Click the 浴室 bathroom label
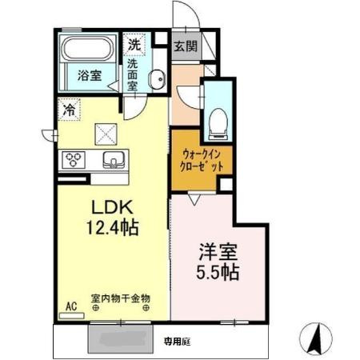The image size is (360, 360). [x=90, y=76]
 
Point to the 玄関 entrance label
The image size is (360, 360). [x=186, y=46]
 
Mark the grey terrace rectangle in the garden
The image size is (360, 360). [x=119, y=339]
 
